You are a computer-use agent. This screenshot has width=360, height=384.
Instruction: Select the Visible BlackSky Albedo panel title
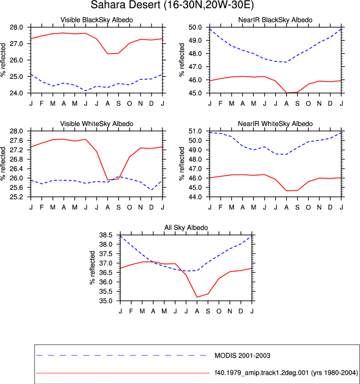click(97, 20)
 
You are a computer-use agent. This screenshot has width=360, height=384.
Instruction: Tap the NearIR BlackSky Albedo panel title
click(275, 20)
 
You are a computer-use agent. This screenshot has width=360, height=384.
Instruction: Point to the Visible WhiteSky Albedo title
click(97, 124)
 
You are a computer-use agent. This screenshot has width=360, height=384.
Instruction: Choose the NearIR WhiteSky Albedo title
click(275, 124)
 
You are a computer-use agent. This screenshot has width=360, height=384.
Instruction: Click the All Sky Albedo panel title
click(186, 227)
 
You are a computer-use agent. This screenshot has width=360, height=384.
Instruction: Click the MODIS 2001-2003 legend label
click(242, 356)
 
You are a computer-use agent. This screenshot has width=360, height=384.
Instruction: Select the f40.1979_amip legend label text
click(286, 372)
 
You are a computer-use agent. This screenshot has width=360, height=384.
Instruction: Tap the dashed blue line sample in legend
click(121, 356)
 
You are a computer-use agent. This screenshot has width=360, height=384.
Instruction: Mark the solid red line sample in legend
click(123, 373)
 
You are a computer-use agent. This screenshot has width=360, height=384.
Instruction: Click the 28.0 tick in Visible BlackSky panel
click(16, 27)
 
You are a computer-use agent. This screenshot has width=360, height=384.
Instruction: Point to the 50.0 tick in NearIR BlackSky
click(195, 27)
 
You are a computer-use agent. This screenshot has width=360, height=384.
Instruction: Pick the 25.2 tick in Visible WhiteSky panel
click(16, 197)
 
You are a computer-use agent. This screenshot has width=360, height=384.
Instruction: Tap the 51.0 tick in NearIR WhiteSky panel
click(195, 131)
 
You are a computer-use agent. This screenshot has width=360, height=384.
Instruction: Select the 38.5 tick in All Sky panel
click(106, 235)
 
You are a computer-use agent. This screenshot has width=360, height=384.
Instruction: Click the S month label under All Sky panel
click(208, 311)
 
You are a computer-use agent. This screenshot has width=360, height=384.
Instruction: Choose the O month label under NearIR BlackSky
click(308, 104)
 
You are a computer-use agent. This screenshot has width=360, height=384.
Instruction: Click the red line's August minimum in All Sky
click(197, 297)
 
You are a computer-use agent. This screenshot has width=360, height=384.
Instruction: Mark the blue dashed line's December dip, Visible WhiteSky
click(152, 190)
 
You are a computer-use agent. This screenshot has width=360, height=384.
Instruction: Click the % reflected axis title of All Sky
click(92, 268)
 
